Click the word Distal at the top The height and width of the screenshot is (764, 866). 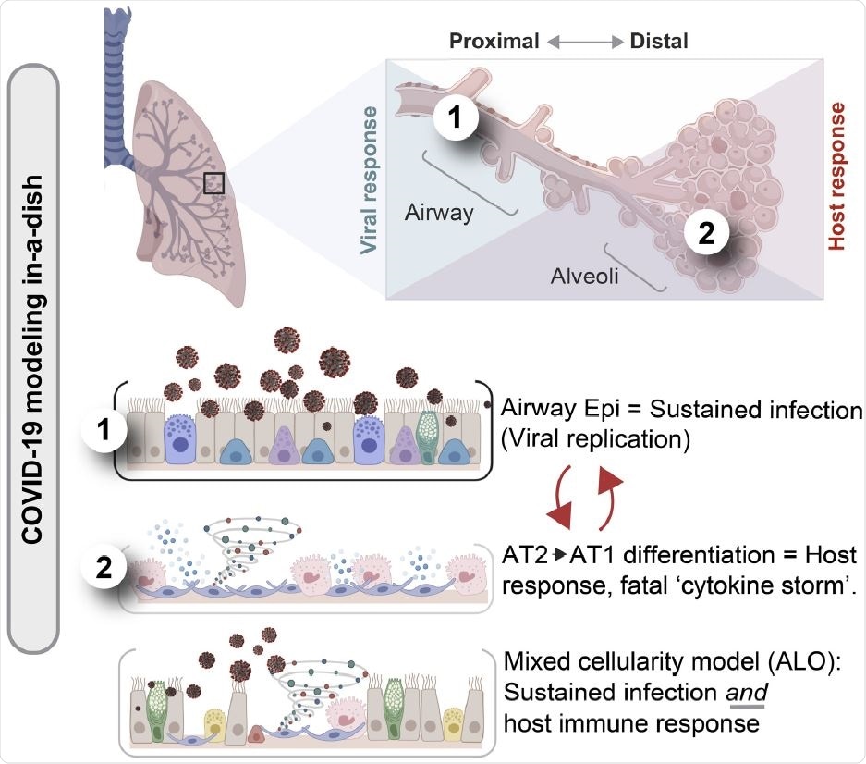(658, 41)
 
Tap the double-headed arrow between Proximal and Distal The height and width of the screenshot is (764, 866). (576, 41)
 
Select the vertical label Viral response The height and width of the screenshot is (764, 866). (370, 179)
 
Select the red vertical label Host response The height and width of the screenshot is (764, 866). (836, 176)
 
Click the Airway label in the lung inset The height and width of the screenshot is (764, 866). (439, 213)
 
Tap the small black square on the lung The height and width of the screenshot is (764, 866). (213, 182)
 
